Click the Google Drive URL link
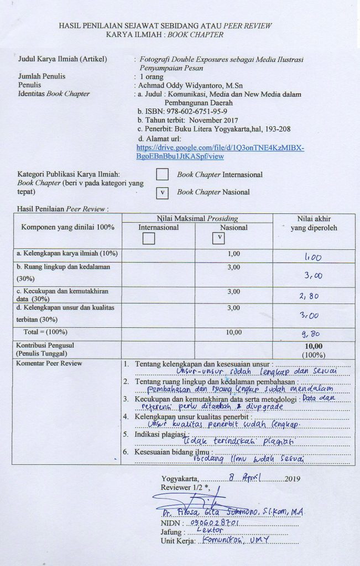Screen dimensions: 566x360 (x=220, y=152)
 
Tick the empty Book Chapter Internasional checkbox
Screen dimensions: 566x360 (x=162, y=174)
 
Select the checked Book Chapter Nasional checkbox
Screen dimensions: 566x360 (x=162, y=192)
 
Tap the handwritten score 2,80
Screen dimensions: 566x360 (x=310, y=296)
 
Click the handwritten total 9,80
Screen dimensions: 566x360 (x=311, y=334)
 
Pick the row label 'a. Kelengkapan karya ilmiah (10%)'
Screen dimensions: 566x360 (x=66, y=253)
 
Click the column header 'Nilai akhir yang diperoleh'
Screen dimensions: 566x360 (x=313, y=223)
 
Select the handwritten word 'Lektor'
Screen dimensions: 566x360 (x=206, y=531)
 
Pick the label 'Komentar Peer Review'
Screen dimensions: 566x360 (x=50, y=363)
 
